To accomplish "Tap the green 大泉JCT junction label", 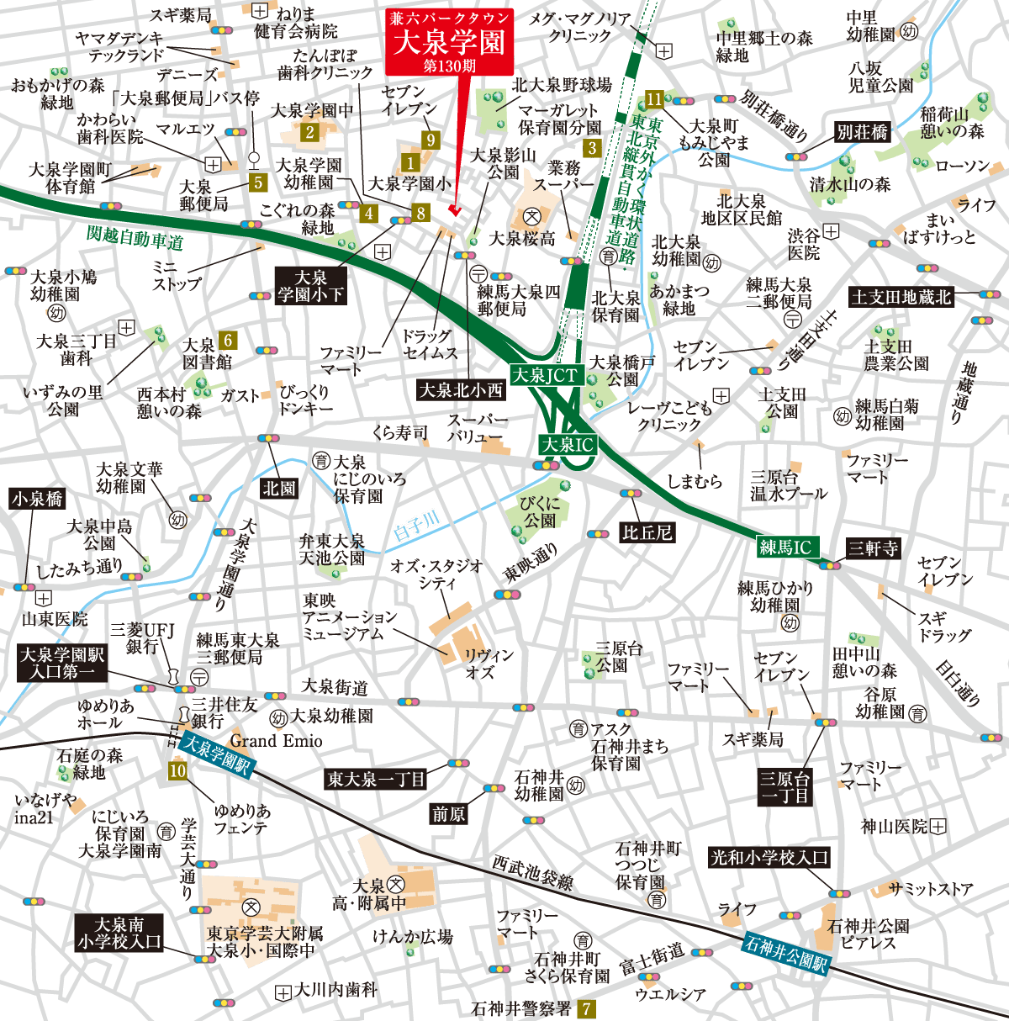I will pos(547,374).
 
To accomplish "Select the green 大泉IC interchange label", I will pos(567,445).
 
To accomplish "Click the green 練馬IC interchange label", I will pos(785,547).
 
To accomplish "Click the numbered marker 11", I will pos(654,99).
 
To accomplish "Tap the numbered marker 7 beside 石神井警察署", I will pos(586,1008).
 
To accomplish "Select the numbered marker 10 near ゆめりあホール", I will pos(177,770).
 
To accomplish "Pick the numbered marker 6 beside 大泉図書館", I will pos(226,340).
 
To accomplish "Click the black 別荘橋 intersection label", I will pos(862,132).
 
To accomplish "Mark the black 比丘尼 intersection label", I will pos(647,532).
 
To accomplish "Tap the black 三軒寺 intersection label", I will pos(873,548).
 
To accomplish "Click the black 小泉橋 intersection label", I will pos(37,499).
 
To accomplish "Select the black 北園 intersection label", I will pos(279,488).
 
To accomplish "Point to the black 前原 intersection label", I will pos(449,813).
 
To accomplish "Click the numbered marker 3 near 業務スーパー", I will pos(592,148).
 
